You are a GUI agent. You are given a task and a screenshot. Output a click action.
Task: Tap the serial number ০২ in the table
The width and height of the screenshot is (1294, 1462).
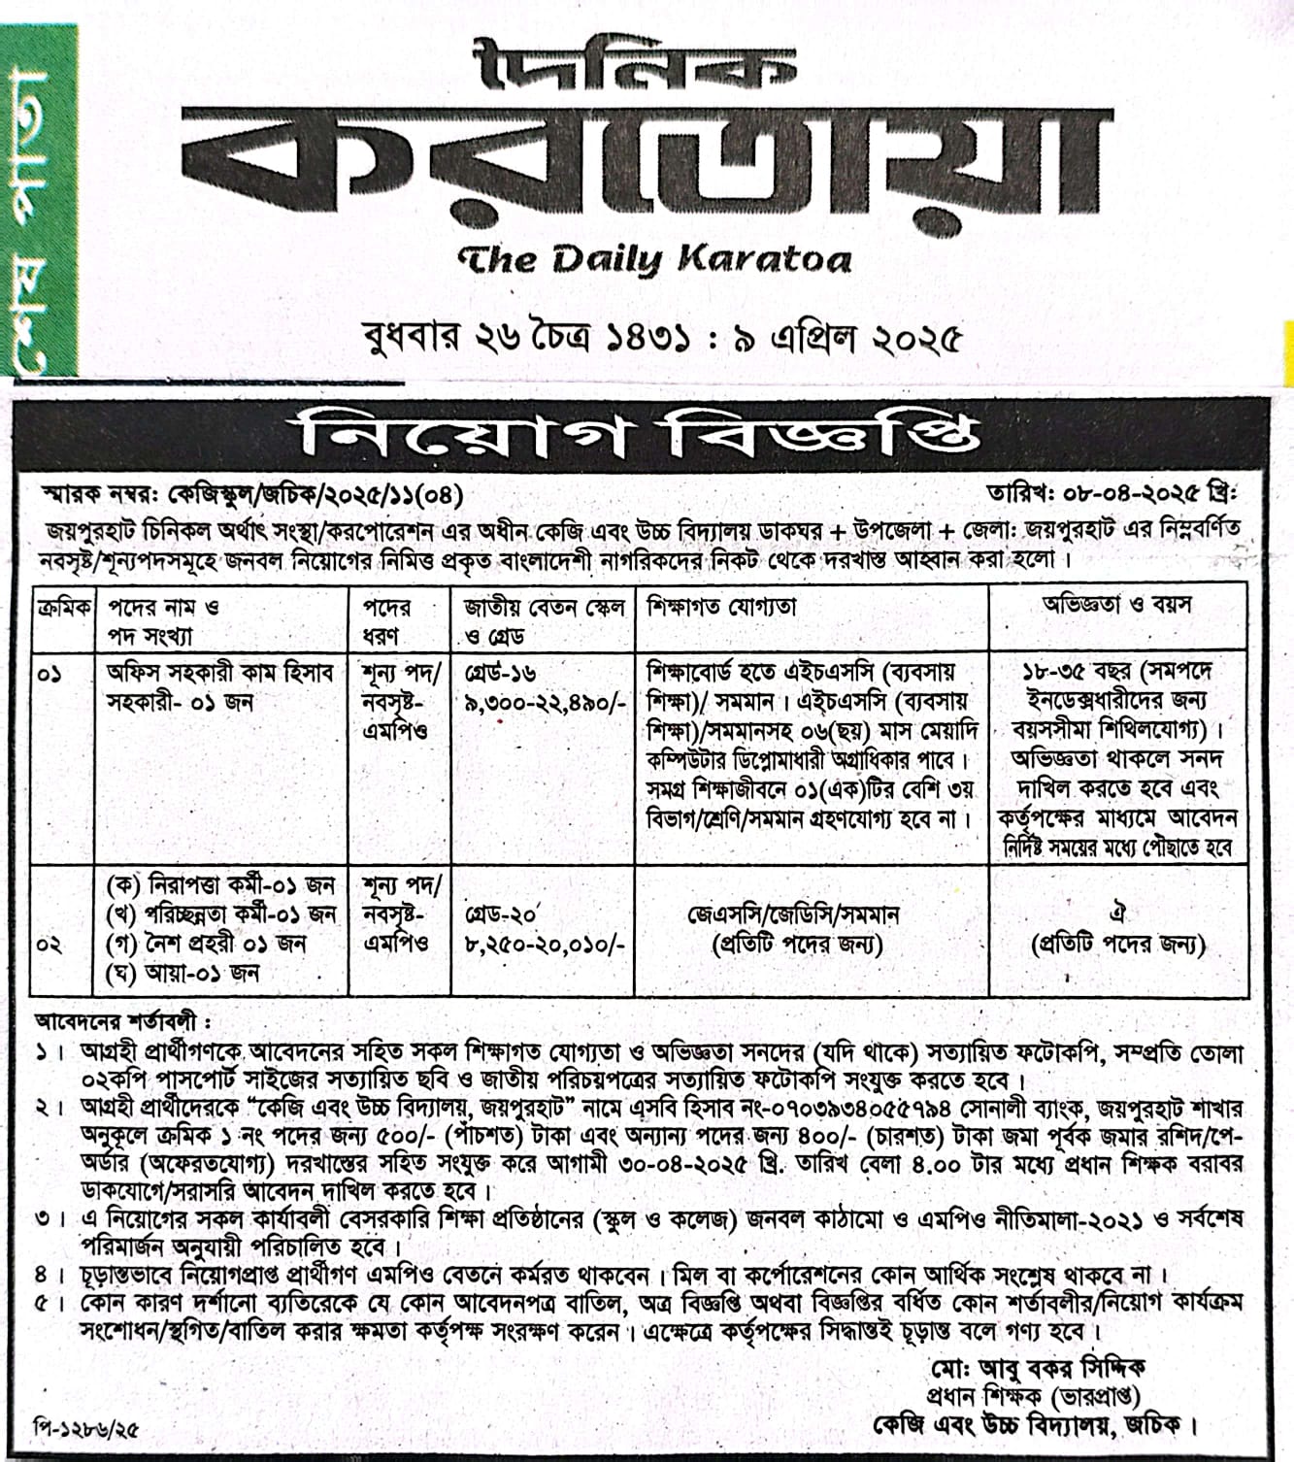point(50,944)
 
